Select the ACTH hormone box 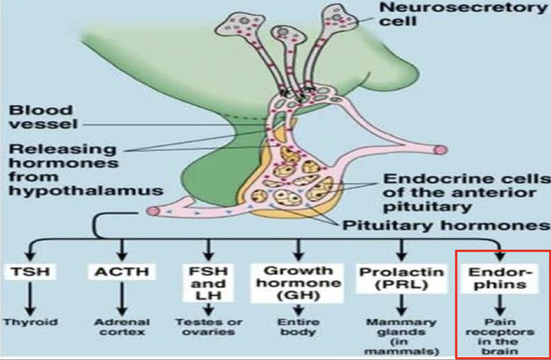pyautogui.click(x=121, y=273)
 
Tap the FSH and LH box pyautogui.click(x=209, y=283)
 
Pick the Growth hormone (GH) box pyautogui.click(x=299, y=282)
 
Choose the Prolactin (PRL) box pyautogui.click(x=401, y=278)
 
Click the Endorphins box pyautogui.click(x=498, y=278)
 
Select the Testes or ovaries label pyautogui.click(x=209, y=327)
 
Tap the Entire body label pyautogui.click(x=299, y=327)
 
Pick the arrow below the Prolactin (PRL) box pyautogui.click(x=401, y=304)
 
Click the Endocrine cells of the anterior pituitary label pyautogui.click(x=466, y=192)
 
